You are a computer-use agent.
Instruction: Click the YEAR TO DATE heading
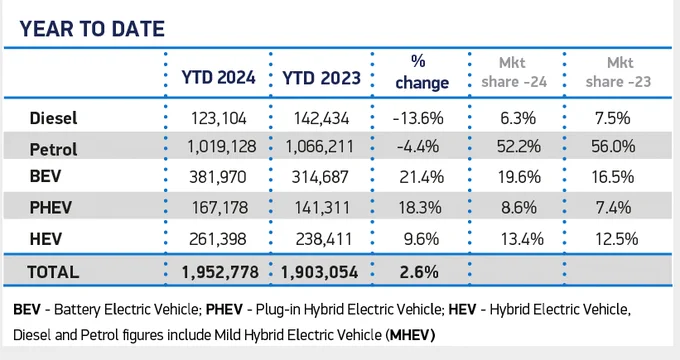pos(92,29)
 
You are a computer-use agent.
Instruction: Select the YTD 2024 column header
pos(218,78)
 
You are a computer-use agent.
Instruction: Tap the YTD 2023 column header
pos(321,78)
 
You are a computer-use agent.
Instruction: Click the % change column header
pos(422,72)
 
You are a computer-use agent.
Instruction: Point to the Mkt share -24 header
pos(514,72)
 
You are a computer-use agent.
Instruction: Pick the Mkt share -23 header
pos(618,72)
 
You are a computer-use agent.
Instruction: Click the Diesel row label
pos(53,118)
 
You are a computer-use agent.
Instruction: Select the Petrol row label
pos(53,150)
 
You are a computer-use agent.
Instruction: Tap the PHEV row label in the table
pos(50,207)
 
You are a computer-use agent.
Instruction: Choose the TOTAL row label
pos(53,272)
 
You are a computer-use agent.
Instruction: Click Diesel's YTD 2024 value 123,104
pos(219,118)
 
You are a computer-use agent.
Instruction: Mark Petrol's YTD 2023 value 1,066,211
pos(319,147)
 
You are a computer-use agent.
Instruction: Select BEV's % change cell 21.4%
pos(422,177)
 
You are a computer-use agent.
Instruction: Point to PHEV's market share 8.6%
pos(519,207)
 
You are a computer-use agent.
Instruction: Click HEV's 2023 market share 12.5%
pos(616,239)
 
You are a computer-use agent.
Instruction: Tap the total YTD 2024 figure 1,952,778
pos(220,272)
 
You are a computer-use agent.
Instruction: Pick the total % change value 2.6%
pos(419,272)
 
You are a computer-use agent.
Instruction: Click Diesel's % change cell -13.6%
pos(418,118)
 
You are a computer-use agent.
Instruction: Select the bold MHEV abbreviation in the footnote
pos(412,335)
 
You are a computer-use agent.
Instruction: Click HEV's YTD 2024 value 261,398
pos(218,239)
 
